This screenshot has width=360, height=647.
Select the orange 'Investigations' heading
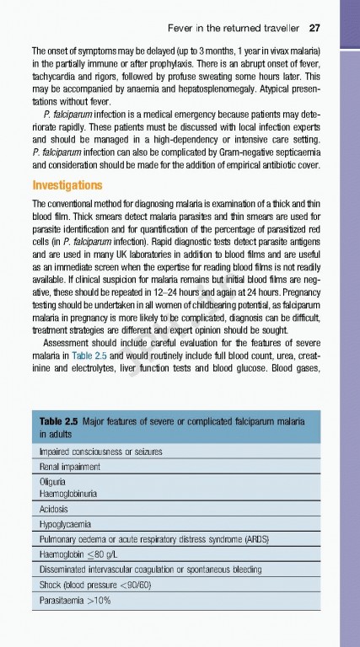pos(67,185)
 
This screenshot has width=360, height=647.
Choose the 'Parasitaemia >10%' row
pos(75,601)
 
